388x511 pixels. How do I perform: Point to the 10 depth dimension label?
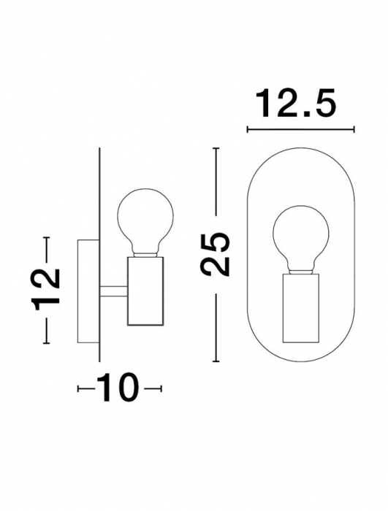tap(118, 388)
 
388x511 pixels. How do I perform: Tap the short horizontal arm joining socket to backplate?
tap(113, 291)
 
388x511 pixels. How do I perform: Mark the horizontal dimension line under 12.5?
tap(300, 131)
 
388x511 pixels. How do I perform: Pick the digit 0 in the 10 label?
tap(127, 388)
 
